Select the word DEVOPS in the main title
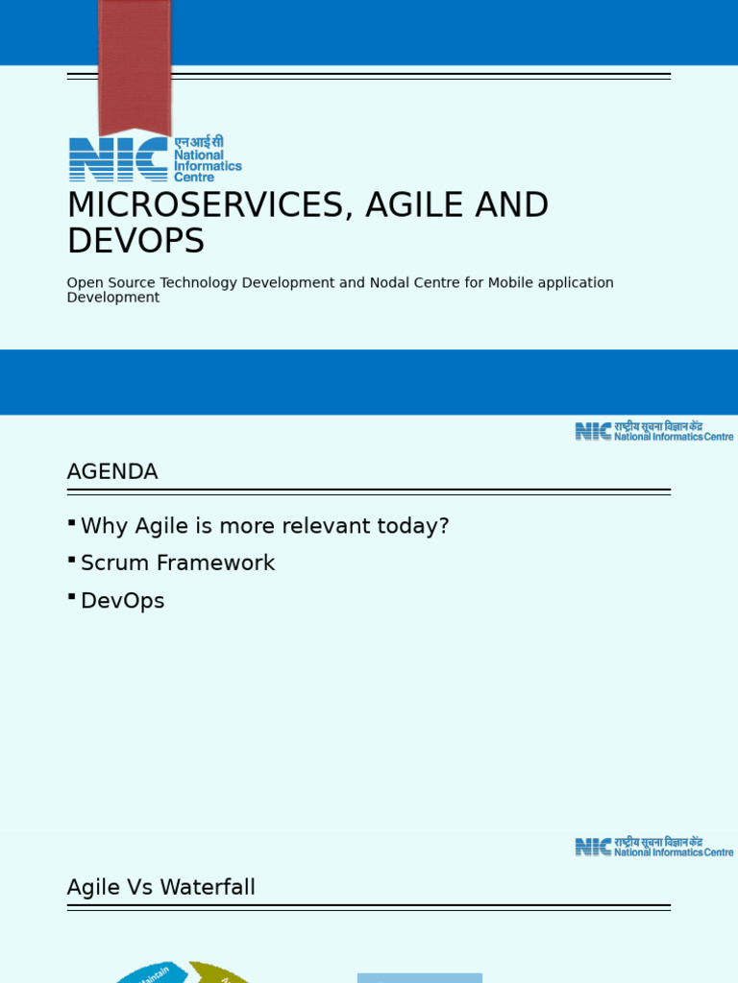click(135, 242)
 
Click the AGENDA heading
click(112, 472)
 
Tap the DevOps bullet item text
click(123, 601)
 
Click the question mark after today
click(444, 526)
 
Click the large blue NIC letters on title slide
click(118, 159)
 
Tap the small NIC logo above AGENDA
click(594, 432)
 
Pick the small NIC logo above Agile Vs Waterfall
click(594, 847)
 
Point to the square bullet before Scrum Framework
click(72, 559)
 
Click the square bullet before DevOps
click(72, 596)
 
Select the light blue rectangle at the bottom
click(419, 978)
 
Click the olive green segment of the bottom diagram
click(216, 971)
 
